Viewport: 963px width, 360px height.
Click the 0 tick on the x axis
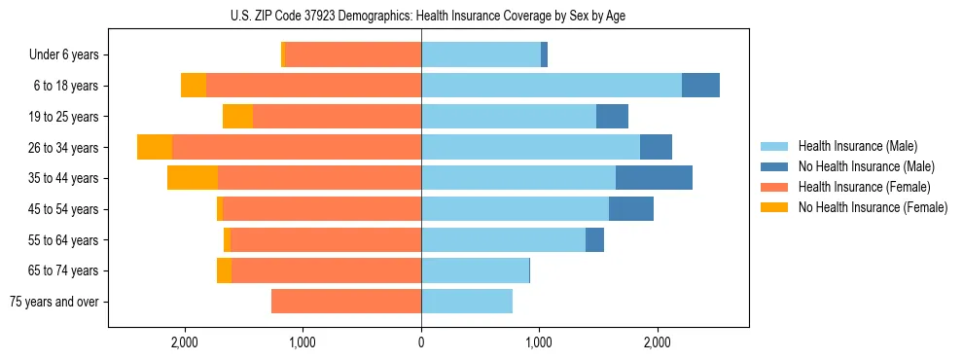421,342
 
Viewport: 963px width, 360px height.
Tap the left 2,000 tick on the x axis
184,342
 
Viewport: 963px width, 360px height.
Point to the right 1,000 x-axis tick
539,342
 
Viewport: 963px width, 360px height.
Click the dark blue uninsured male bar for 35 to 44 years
654,178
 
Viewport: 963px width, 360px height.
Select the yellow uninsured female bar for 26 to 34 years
155,147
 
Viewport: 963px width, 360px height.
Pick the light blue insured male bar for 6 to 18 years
551,86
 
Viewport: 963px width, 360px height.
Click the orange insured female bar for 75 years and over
345,302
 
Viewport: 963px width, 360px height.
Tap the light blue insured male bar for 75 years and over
467,302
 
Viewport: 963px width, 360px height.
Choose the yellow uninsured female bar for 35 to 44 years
193,178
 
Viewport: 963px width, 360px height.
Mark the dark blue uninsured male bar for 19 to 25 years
612,117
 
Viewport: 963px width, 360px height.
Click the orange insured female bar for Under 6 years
353,55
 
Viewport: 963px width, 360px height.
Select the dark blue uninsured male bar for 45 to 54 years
631,209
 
